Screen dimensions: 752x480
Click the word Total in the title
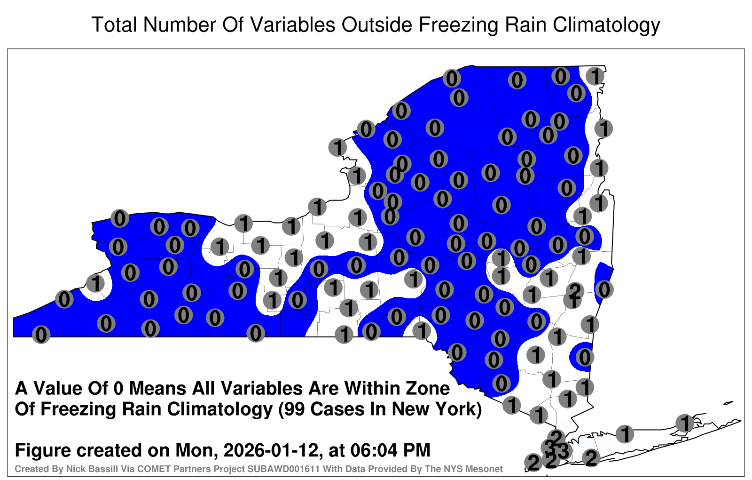coord(114,24)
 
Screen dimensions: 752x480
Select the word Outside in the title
coord(376,24)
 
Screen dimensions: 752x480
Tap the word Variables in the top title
coord(292,24)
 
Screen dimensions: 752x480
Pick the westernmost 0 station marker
coord(41,335)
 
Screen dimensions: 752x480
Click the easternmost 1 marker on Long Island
coord(684,423)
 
